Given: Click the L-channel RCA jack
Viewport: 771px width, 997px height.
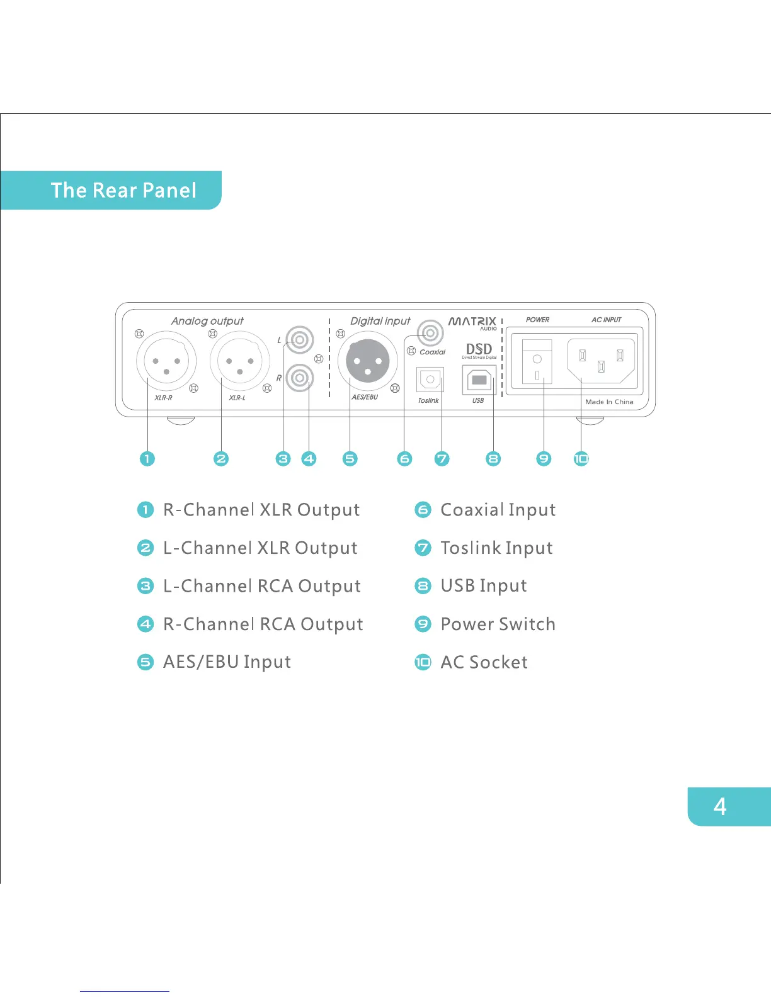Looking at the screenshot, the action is [300, 341].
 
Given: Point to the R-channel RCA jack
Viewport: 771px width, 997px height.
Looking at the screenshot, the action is [300, 378].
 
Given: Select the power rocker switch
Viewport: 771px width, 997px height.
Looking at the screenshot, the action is [537, 362].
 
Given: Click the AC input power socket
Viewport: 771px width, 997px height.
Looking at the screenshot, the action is [602, 361].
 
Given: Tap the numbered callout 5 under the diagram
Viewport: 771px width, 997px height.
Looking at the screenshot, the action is [350, 459].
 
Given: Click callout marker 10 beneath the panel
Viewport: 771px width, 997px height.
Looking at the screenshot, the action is [581, 459].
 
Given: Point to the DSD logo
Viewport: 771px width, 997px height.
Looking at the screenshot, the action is [479, 350].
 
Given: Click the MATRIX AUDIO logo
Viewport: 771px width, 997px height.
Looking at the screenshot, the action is [472, 323].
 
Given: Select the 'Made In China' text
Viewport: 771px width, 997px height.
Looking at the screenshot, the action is [609, 402].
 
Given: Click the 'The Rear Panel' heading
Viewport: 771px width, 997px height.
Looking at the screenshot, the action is [123, 190].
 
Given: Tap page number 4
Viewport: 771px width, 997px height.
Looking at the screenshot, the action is [720, 806].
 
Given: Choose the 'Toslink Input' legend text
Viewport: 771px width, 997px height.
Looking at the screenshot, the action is [496, 548].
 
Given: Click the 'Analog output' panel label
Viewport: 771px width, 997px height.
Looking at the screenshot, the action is [207, 321].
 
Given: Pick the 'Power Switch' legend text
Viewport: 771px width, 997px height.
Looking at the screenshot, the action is [498, 624].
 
